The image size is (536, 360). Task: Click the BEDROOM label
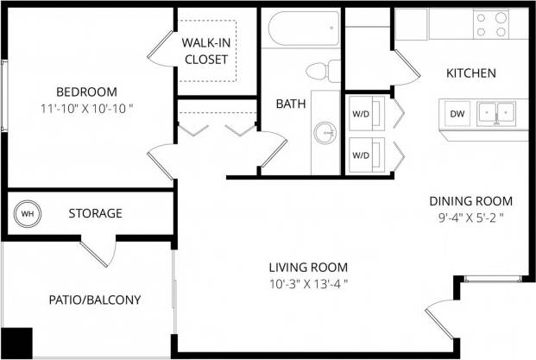coord(86,92)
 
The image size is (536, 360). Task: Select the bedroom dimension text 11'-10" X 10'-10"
coord(86,109)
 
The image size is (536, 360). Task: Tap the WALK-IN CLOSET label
coord(205,51)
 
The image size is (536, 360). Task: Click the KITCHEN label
coord(470,73)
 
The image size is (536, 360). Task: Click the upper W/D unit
coord(360,112)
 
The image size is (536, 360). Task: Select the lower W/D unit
coord(360,155)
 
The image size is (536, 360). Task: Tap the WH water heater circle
coord(27,213)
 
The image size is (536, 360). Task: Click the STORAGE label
coord(95,213)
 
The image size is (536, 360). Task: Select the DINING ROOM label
coord(470,200)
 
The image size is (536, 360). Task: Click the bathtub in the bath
coord(301,31)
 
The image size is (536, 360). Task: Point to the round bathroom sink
coord(325,131)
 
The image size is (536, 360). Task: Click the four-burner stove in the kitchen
coord(491,23)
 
